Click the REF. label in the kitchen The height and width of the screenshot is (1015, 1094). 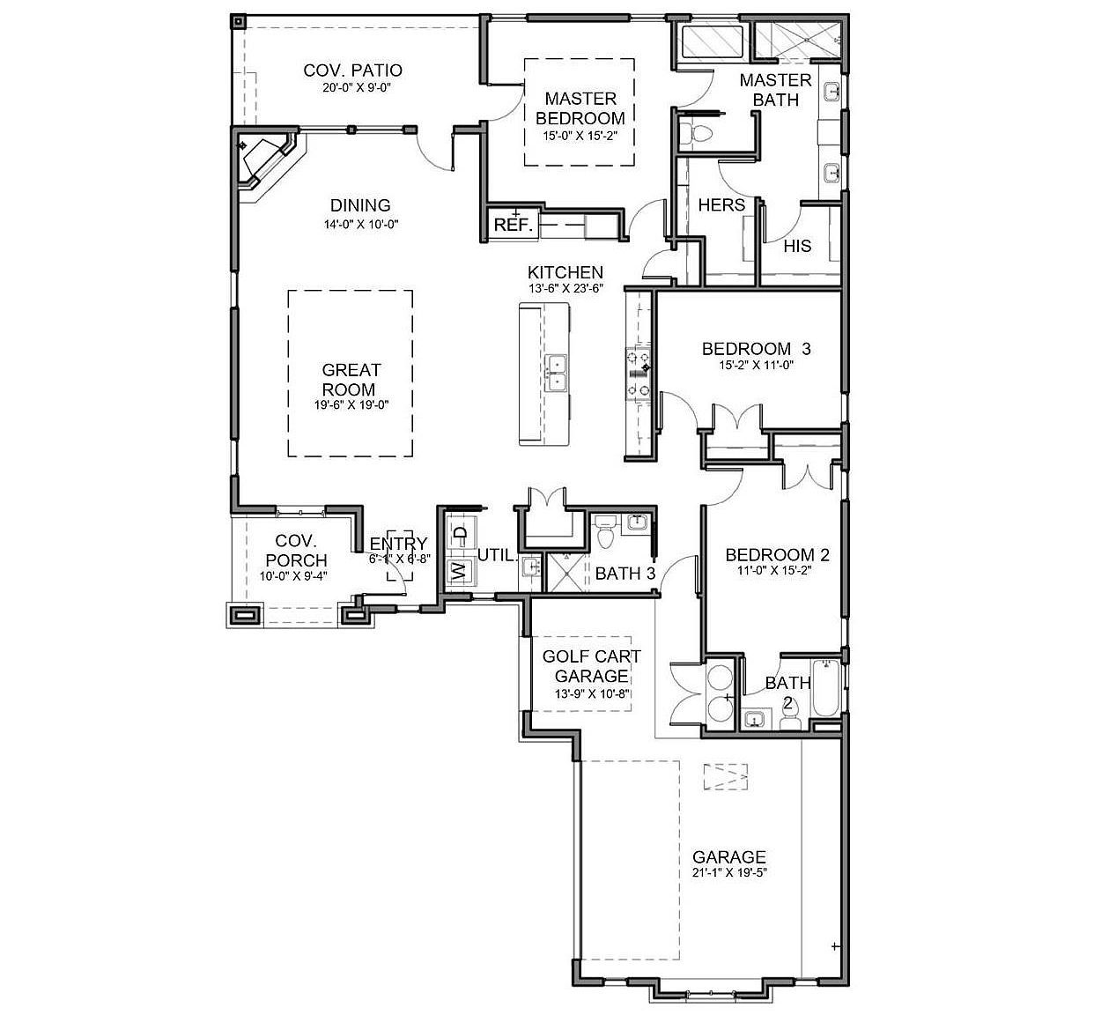coord(513,225)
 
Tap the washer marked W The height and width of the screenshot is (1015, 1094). coord(458,571)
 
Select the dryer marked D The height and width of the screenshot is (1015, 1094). coord(459,533)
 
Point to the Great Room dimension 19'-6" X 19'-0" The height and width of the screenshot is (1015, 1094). coord(351,404)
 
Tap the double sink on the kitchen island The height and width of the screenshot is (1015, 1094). coord(557,373)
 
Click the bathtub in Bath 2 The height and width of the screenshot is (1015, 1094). coord(825,688)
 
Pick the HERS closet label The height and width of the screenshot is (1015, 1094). coord(721,205)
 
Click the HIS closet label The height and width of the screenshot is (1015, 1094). coord(797,246)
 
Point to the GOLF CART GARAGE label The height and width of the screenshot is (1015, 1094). coord(591,666)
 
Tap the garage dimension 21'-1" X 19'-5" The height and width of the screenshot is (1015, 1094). coord(728,874)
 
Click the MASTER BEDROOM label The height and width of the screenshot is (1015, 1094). coord(580,108)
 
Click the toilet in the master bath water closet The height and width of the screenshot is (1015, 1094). coord(700,133)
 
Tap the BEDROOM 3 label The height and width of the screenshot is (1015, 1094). coord(756,349)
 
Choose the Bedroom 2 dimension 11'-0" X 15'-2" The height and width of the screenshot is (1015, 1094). coord(777,570)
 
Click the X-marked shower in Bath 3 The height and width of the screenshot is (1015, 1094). coord(566,571)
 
